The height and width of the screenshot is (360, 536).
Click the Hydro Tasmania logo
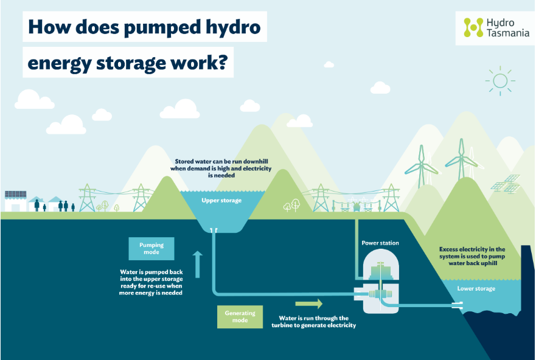pos(495,27)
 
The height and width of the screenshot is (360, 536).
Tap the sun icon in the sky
pos(500,81)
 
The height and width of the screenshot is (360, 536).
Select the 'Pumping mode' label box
pos(151,249)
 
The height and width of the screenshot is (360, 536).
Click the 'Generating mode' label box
pos(240,316)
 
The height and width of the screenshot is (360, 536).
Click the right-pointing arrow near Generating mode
pos(308,303)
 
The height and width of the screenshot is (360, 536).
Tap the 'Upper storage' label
pos(221,200)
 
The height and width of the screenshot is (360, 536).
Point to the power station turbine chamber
pos(380,286)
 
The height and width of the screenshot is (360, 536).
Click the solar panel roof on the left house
pos(16,195)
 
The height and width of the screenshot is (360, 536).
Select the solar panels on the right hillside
pos(505,183)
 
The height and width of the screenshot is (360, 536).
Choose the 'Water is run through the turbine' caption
pos(313,322)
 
